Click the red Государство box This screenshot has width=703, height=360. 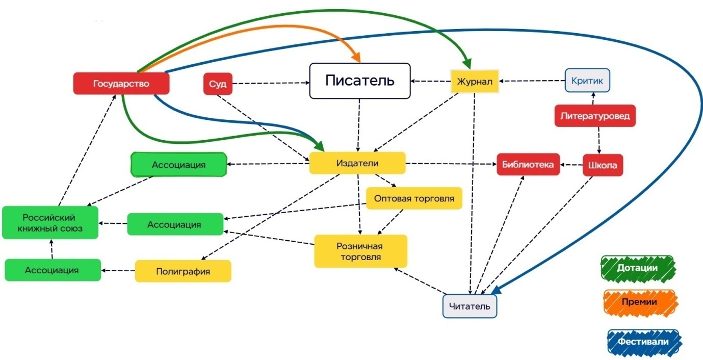point(121,84)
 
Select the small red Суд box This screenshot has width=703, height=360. point(218,84)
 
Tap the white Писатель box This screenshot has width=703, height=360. point(360,81)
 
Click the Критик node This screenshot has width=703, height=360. point(587,80)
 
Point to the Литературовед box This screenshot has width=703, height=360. point(595,116)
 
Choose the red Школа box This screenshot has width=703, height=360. point(603,165)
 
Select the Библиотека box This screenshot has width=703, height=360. point(528,164)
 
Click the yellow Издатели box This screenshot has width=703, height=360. point(357,163)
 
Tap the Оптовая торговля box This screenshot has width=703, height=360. point(413,198)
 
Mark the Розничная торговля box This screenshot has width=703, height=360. point(360,251)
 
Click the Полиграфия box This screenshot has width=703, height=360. point(183,271)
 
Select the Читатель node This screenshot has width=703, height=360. point(470,306)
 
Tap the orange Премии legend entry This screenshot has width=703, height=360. point(639,301)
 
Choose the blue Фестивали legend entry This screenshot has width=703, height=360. point(644,341)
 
